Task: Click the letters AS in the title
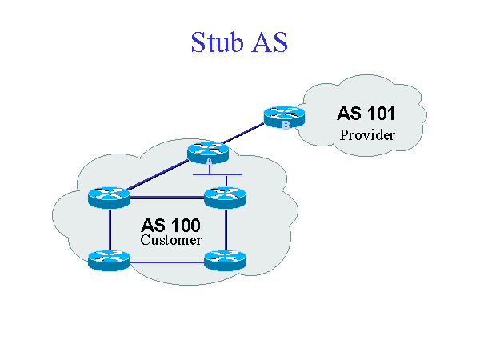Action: pos(269,42)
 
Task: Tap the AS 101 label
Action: pos(366,114)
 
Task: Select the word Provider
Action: pos(367,134)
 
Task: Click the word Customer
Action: pos(171,240)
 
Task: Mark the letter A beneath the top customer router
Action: pos(209,161)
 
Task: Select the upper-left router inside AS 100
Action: pos(107,194)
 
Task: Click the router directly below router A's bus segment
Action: pos(225,194)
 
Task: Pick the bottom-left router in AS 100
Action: pos(107,258)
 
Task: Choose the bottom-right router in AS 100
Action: pos(225,258)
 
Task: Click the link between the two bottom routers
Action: pos(166,262)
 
